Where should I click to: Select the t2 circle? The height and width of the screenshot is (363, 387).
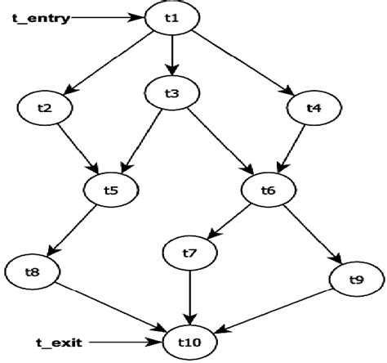point(46,106)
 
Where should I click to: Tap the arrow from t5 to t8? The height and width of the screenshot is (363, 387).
point(78,229)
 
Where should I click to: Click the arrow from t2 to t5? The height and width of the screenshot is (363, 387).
point(77,148)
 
